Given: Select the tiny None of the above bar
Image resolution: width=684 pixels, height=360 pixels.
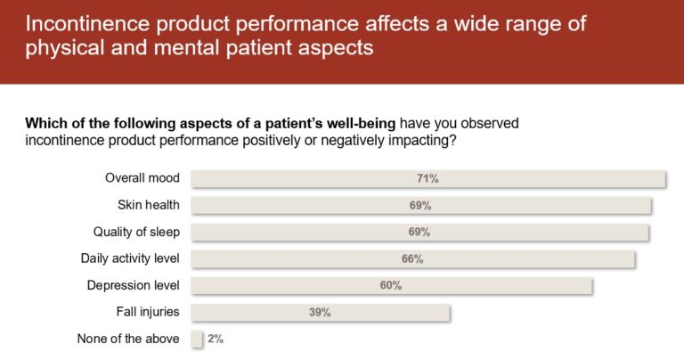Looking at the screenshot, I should coord(197,339).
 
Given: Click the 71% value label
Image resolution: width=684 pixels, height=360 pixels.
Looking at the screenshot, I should coord(428,178).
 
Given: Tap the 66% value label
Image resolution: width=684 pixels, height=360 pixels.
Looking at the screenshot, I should coord(411,258).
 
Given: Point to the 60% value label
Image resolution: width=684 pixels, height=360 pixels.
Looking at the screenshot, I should coord(390,285).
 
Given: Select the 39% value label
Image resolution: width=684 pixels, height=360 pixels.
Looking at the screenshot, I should coord(320,312).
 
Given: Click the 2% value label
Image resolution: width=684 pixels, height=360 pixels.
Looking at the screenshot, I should coord(216,339).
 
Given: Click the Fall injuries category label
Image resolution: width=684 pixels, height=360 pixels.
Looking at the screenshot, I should coord(148,312).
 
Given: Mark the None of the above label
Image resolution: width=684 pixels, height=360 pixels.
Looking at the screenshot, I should coord(128,339).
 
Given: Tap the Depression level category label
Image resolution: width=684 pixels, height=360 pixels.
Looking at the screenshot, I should coord(134,285).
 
